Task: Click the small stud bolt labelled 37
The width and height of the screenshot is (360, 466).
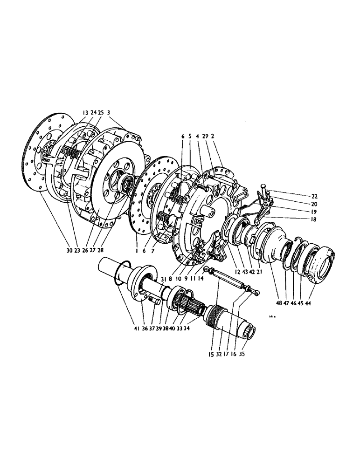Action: pos(156,303)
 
